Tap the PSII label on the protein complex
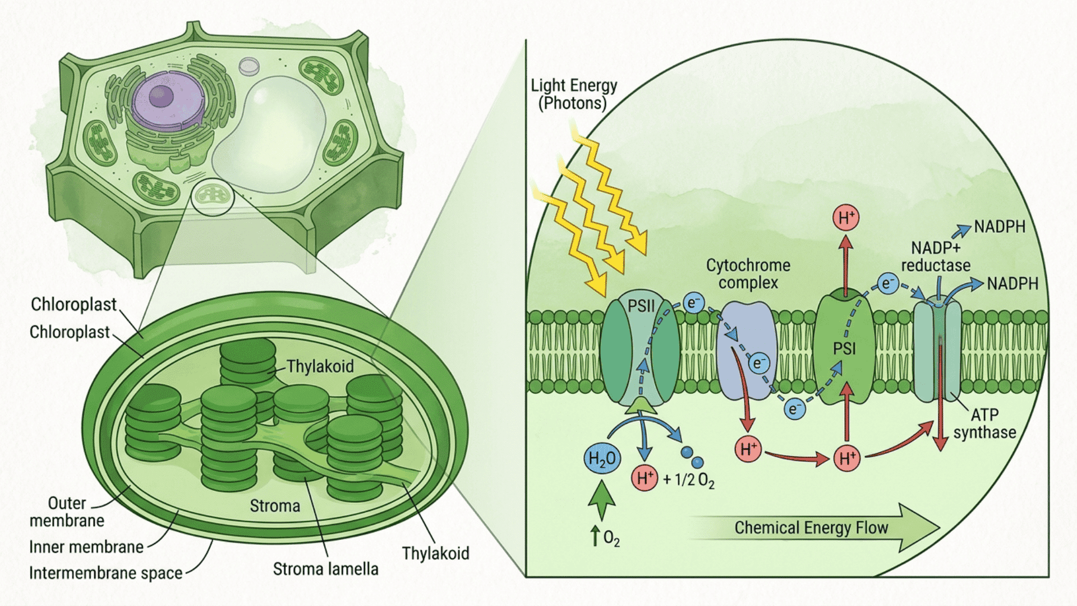641,306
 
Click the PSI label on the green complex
844,349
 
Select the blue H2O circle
602,459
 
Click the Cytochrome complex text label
748,274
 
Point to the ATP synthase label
984,424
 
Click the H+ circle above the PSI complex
846,218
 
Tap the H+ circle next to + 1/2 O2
645,478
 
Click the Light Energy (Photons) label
573,94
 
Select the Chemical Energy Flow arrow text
811,528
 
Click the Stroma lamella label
325,569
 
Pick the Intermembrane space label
105,573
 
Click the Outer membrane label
67,512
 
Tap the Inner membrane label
86,547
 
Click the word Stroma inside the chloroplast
275,506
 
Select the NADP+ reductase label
936,256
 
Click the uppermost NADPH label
1000,227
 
